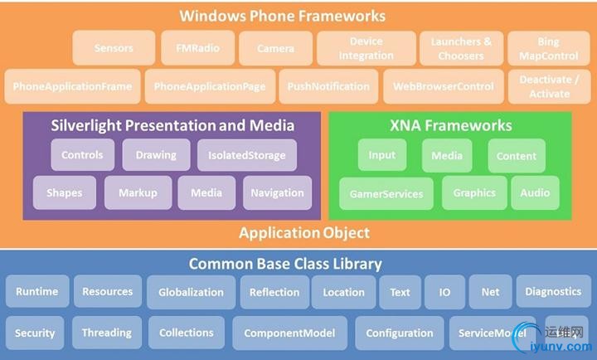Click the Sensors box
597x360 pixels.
coord(114,48)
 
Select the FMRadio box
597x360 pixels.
coord(197,48)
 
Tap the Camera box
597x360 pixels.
coord(276,48)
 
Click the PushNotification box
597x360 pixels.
coord(328,86)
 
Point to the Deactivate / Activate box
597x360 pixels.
coord(544,86)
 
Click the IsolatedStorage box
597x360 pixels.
coord(247,155)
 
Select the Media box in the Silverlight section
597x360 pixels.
coord(206,192)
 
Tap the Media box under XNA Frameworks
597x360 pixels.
coord(447,155)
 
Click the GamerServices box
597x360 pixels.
coord(386,193)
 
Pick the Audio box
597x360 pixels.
coord(535,192)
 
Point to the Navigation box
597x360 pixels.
coord(277,192)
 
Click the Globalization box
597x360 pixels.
coord(191,292)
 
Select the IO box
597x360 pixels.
coord(444,292)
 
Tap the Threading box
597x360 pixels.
coord(106,333)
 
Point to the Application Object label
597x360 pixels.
coord(304,233)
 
